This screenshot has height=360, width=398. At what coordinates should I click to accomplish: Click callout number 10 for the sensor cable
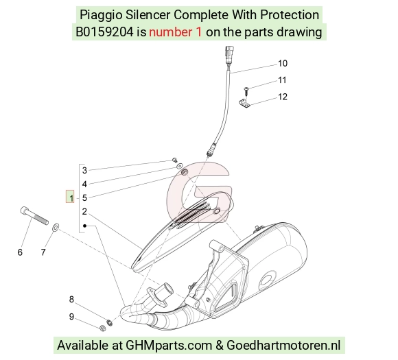(x=283, y=63)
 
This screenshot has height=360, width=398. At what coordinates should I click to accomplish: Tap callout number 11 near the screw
(x=282, y=80)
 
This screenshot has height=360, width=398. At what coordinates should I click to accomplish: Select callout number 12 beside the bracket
(x=283, y=97)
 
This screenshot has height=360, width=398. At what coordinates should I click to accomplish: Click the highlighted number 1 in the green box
(x=70, y=197)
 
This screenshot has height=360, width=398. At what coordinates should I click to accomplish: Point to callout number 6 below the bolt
(x=20, y=252)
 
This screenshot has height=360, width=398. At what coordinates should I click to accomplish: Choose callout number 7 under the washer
(x=43, y=252)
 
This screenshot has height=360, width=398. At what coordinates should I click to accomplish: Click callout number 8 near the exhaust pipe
(x=71, y=300)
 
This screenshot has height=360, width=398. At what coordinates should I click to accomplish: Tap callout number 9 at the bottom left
(x=71, y=317)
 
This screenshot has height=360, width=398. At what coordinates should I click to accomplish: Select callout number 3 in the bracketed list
(x=84, y=171)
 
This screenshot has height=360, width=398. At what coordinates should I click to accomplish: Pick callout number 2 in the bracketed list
(x=84, y=212)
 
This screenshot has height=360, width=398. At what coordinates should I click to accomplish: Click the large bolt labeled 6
(x=34, y=215)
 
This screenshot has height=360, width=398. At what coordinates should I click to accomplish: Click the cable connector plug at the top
(x=229, y=54)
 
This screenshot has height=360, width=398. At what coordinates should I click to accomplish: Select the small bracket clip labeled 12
(x=244, y=103)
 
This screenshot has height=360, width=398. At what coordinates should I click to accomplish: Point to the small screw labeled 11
(x=246, y=91)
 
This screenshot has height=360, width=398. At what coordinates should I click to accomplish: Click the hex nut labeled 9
(x=102, y=328)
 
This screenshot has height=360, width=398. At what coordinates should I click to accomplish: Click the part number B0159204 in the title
(x=104, y=32)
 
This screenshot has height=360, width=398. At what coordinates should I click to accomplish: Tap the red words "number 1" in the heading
(x=176, y=32)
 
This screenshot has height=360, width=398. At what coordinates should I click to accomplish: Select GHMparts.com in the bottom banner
(x=169, y=346)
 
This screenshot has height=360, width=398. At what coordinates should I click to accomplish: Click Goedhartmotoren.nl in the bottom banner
(x=283, y=346)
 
